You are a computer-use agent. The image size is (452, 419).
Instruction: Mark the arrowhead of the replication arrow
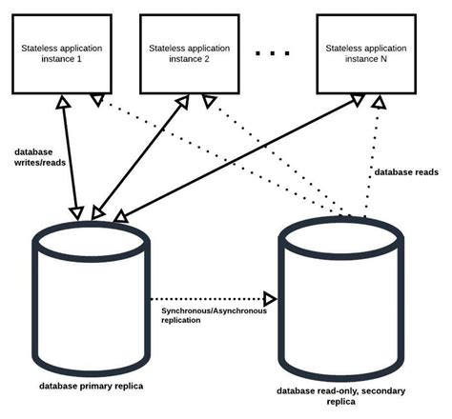(270, 297)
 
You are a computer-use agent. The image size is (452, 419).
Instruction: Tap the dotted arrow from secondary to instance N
(372, 152)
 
